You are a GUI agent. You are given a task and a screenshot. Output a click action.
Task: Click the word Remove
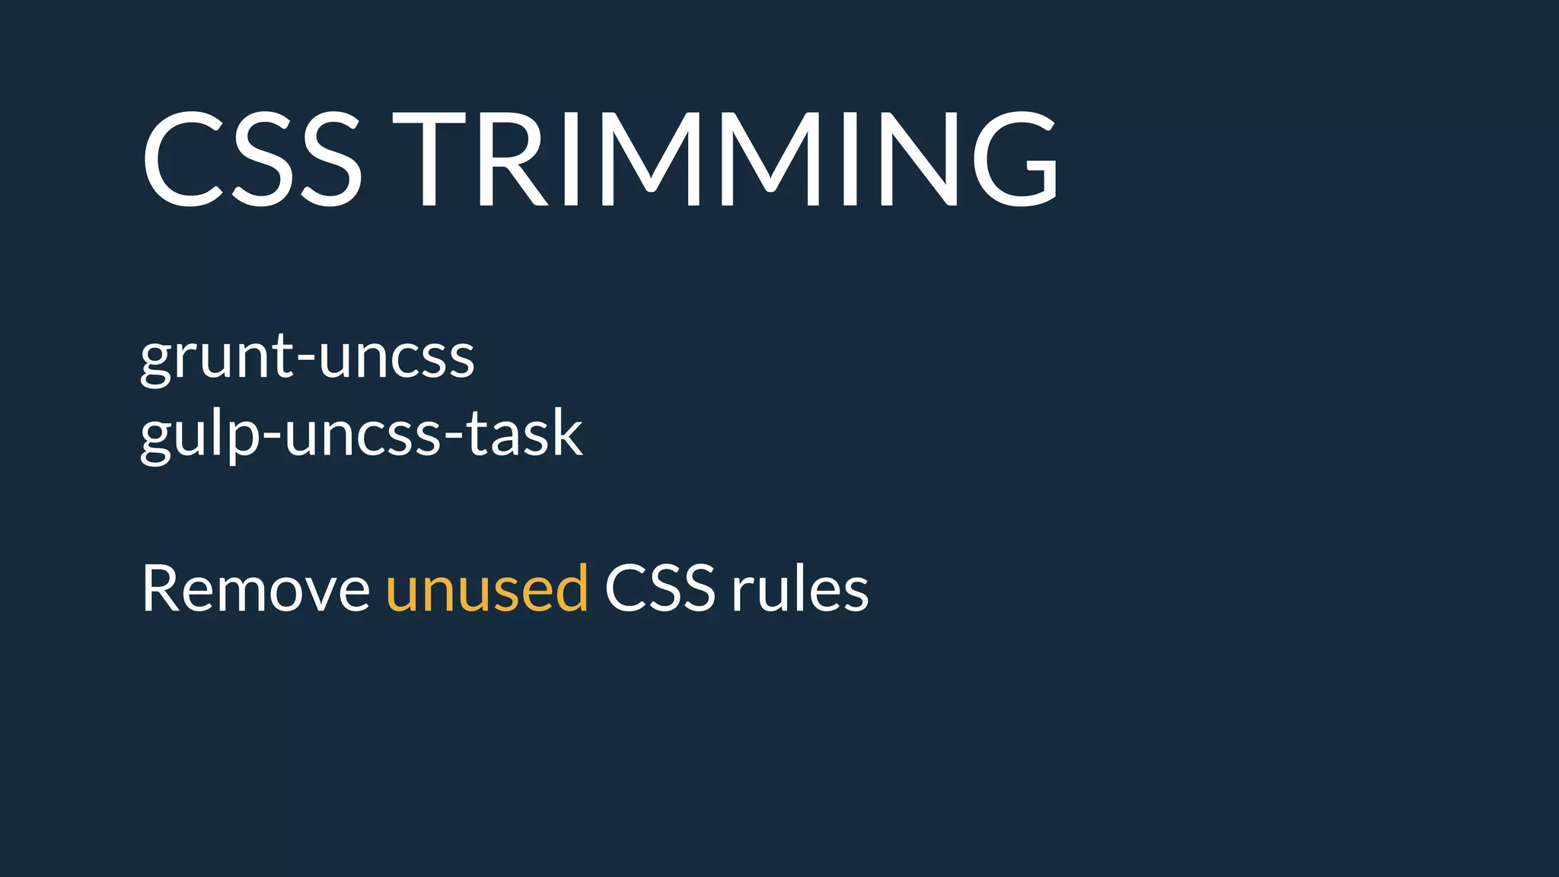click(x=256, y=588)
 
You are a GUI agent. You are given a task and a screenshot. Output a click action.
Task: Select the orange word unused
click(x=487, y=588)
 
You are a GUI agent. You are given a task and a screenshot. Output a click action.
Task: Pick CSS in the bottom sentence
click(x=660, y=588)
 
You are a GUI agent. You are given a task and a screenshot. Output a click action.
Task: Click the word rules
click(x=800, y=588)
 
